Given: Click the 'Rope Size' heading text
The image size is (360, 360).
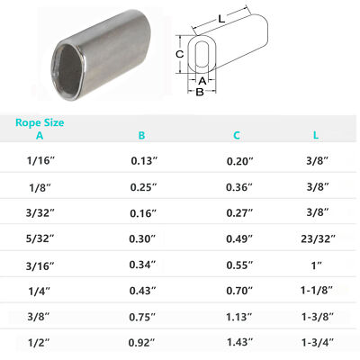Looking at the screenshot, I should (40, 122).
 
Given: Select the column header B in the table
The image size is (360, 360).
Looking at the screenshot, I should (141, 136).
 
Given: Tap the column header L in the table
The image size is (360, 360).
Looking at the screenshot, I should (314, 136).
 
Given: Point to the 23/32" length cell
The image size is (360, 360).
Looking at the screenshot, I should (314, 241).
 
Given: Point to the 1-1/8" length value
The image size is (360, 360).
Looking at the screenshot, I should (314, 293).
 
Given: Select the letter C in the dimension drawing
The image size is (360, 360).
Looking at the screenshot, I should (179, 54).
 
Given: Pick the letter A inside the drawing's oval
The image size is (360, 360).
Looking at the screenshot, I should (202, 80).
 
